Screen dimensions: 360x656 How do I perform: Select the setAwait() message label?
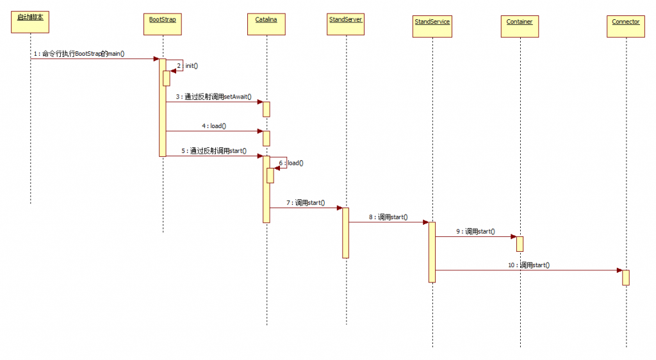pos(214,97)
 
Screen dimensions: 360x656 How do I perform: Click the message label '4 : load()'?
pos(214,126)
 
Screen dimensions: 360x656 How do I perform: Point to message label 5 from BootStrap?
pos(214,151)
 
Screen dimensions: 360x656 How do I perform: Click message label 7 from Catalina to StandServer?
pos(306,203)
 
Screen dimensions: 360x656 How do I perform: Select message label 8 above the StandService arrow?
pos(388,217)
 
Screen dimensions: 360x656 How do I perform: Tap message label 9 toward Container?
pos(475,231)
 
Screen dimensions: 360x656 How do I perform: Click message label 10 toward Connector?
pos(529,265)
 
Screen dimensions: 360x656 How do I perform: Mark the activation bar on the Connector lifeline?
pos(625,277)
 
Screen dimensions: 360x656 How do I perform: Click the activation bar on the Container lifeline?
pos(520,244)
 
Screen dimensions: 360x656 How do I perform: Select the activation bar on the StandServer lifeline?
pos(345,232)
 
